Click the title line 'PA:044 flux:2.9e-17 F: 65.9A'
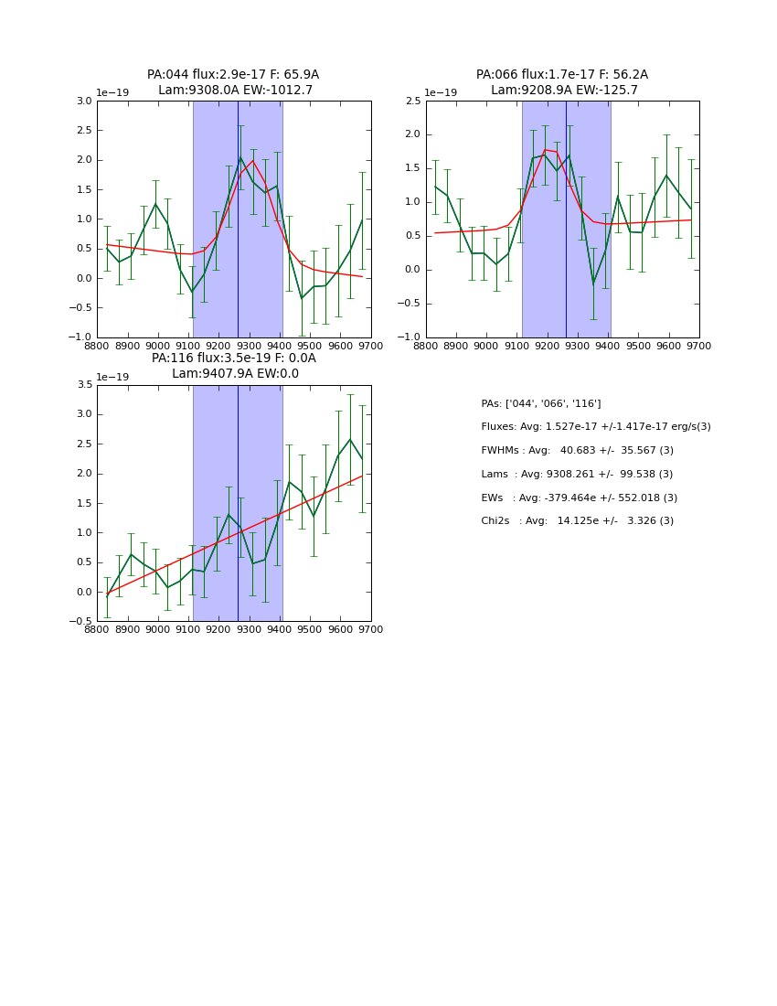[233, 75]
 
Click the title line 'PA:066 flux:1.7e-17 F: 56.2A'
[562, 75]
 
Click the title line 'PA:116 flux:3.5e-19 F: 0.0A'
[233, 359]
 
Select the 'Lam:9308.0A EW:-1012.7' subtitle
[235, 91]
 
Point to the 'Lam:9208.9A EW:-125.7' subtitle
[564, 91]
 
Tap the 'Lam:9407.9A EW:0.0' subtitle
[235, 374]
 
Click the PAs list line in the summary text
[541, 403]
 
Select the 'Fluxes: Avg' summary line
[595, 427]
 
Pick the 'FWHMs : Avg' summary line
[577, 451]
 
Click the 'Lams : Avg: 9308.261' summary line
[577, 475]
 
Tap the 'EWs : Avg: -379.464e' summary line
[579, 498]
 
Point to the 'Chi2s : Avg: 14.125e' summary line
[577, 521]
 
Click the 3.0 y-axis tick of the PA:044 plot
[83, 102]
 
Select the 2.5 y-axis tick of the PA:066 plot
[412, 102]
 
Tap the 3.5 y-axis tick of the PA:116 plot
[83, 385]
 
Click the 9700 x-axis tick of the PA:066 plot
[698, 347]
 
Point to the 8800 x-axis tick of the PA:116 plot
[98, 630]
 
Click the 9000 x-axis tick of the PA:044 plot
[158, 347]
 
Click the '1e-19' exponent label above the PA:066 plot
[441, 93]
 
